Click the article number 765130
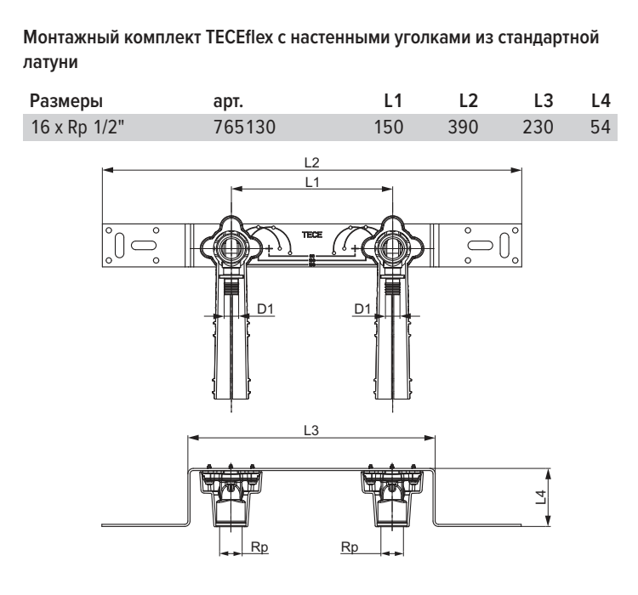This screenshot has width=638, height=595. [x=244, y=127]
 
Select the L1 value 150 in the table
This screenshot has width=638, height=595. [x=389, y=127]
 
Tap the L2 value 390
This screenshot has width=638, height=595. [x=463, y=127]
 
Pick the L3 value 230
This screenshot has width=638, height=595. [x=538, y=127]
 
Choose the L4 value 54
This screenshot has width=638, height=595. [x=601, y=127]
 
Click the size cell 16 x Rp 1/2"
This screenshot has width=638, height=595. [x=77, y=127]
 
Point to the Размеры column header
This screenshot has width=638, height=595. [x=66, y=101]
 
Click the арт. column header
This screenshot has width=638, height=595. [x=228, y=102]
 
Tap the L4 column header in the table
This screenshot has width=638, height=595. [x=601, y=101]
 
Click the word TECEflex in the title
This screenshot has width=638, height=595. [x=239, y=37]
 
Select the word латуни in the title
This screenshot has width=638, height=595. [x=50, y=62]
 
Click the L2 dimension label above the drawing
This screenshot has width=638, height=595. [x=312, y=162]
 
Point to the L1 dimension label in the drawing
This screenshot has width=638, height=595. [x=312, y=182]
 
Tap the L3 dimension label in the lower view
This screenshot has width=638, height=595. [x=311, y=430]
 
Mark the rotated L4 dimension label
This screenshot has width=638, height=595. [x=541, y=497]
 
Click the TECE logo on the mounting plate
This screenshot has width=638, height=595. [x=312, y=235]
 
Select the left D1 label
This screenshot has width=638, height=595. [x=265, y=309]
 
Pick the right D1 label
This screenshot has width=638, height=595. [x=362, y=309]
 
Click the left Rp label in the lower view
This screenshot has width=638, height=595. [x=259, y=547]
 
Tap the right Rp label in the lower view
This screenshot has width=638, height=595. [x=350, y=547]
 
